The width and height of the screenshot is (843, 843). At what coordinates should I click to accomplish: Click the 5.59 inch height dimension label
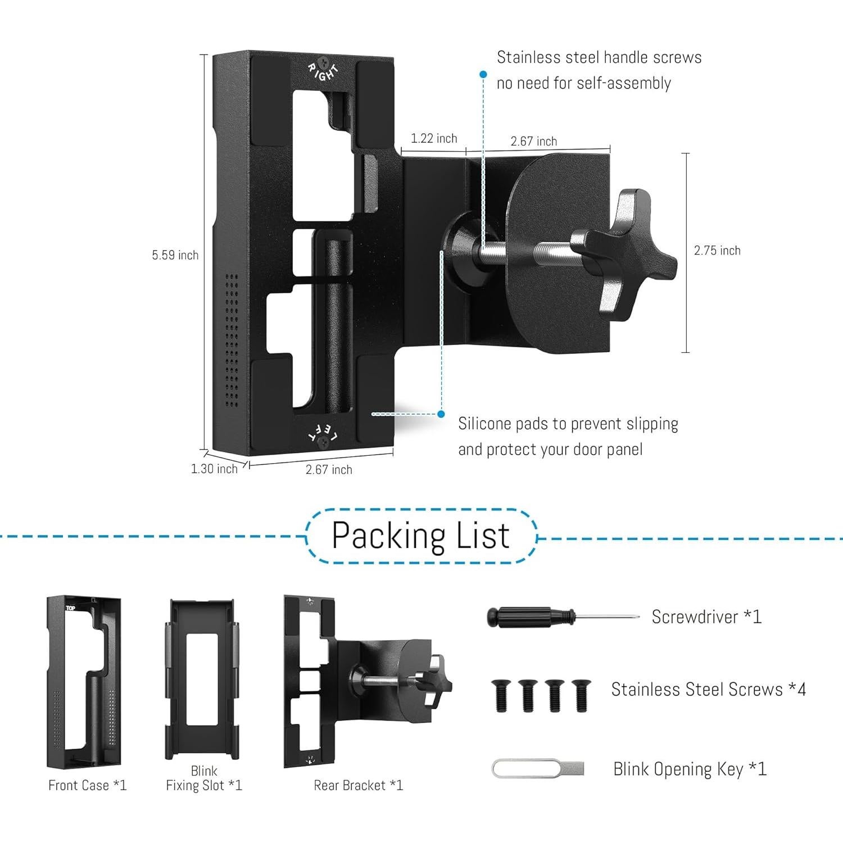pyautogui.click(x=175, y=255)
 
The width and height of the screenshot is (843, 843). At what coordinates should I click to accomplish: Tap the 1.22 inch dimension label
pyautogui.click(x=434, y=138)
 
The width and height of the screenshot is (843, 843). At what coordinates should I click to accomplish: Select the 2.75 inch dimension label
pyautogui.click(x=717, y=251)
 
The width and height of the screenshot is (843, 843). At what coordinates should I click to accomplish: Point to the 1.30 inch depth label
pyautogui.click(x=214, y=468)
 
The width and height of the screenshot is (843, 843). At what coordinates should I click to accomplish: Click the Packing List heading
pyautogui.click(x=420, y=535)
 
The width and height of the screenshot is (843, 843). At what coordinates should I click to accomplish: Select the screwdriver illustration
pyautogui.click(x=562, y=617)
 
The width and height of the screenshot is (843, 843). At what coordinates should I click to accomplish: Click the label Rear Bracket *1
pyautogui.click(x=358, y=785)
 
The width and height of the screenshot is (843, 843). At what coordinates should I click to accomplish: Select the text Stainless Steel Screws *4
pyautogui.click(x=708, y=689)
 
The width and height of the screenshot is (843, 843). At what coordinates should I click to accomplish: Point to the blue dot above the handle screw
pyautogui.click(x=483, y=74)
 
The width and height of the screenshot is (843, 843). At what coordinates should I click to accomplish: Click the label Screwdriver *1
pyautogui.click(x=706, y=617)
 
